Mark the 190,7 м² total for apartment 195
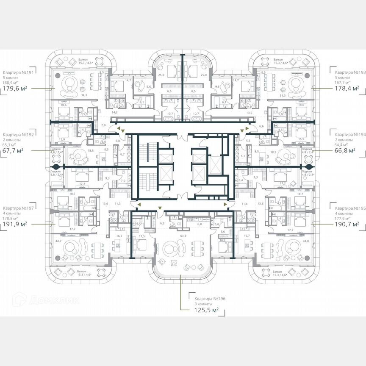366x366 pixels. coord(344,224)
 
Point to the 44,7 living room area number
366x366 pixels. coord(58,241)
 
